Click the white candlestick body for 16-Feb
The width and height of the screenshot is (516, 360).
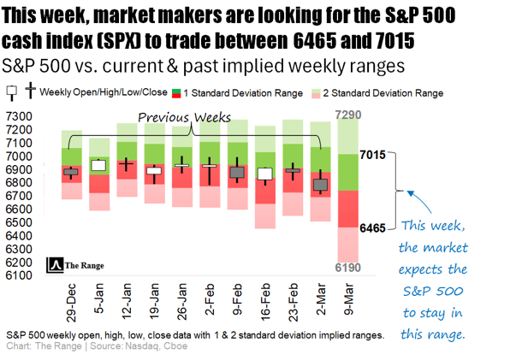coord(265,174)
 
